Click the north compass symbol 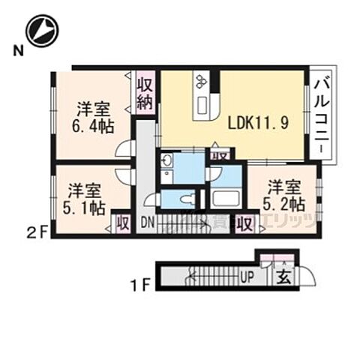coord(41,31)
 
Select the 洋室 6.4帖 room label coord(94,116)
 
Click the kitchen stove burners coord(202,79)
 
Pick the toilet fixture coord(187,199)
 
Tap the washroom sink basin coord(167,160)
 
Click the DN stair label coord(147,222)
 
